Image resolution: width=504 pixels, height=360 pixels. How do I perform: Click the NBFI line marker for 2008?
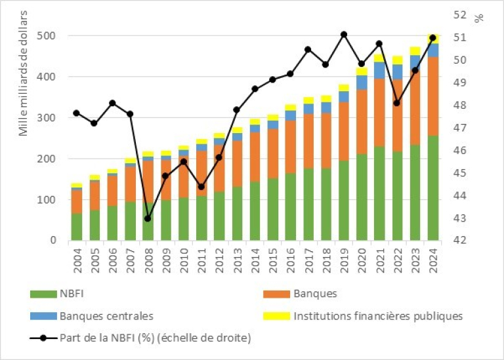(148, 218)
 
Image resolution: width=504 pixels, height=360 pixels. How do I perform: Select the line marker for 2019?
(344, 34)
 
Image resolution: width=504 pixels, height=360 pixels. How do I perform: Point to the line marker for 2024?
(432, 37)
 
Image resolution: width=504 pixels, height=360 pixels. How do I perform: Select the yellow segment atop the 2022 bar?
(397, 60)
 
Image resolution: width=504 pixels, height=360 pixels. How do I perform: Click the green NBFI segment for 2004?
(77, 227)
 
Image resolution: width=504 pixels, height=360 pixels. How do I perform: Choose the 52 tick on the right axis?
(460, 14)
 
